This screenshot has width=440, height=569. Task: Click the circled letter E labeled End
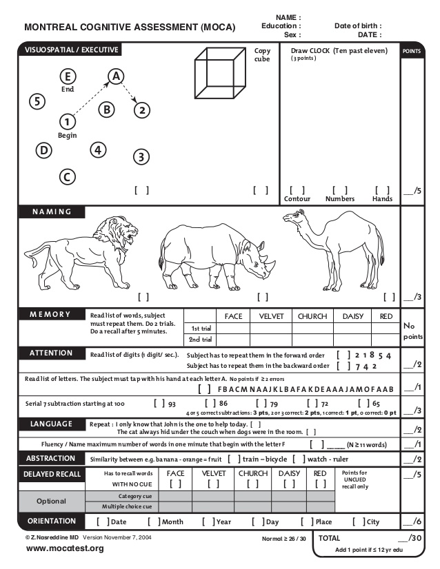(x=67, y=76)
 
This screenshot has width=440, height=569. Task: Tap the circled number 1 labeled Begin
(x=67, y=121)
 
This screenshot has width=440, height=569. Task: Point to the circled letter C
(x=67, y=176)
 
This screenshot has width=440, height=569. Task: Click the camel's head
(x=292, y=220)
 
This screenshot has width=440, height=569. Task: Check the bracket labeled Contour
(x=297, y=190)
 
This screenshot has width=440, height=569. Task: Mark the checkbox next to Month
(x=154, y=521)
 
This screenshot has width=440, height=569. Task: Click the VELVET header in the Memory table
(x=271, y=316)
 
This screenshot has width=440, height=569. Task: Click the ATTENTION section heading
(x=50, y=353)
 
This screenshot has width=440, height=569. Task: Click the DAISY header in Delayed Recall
(x=289, y=474)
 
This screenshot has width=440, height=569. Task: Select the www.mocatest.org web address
(x=55, y=548)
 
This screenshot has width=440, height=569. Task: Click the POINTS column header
(x=412, y=51)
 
